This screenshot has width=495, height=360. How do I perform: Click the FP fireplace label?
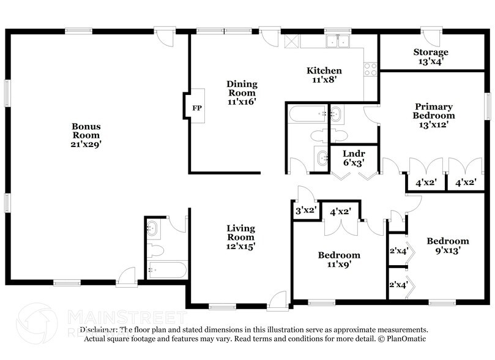tap(196, 108)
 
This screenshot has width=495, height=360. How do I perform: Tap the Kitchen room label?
tap(324, 70)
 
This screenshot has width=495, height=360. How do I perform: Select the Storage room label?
tap(430, 52)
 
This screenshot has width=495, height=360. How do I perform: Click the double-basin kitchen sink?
tap(336, 42)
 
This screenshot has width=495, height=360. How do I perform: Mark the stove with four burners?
tap(371, 69)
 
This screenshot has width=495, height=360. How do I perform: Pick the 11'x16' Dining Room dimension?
tap(242, 102)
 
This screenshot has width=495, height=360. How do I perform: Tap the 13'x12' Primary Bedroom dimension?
tap(433, 124)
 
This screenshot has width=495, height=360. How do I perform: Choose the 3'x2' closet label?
tap(305, 211)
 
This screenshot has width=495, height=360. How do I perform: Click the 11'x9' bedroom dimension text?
tap(338, 264)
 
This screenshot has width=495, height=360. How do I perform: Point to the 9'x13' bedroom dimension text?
tap(447, 250)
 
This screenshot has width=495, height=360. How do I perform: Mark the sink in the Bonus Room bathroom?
tap(153, 230)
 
